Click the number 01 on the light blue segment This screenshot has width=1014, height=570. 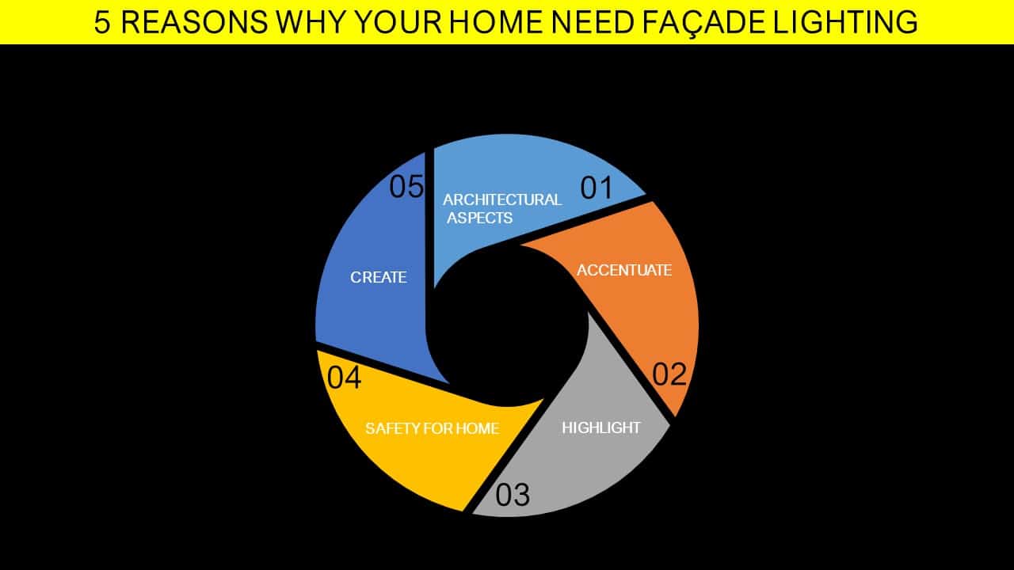[597, 188]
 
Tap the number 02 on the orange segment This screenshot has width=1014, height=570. [669, 374]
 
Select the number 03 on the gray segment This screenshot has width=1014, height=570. [513, 495]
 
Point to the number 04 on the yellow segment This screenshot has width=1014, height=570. [344, 378]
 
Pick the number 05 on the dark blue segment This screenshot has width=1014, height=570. [406, 186]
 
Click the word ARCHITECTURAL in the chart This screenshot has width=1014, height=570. [502, 199]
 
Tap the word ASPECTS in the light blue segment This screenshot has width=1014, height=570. [479, 218]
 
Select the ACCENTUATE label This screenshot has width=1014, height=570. [624, 270]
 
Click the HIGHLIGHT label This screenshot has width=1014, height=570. [601, 427]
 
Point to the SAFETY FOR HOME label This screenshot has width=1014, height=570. [433, 428]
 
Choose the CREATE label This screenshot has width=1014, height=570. [379, 277]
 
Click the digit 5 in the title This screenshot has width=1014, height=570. [102, 21]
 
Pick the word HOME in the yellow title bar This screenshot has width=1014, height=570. [496, 21]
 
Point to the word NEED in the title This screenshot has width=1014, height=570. [592, 21]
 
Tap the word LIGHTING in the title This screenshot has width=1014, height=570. [845, 21]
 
